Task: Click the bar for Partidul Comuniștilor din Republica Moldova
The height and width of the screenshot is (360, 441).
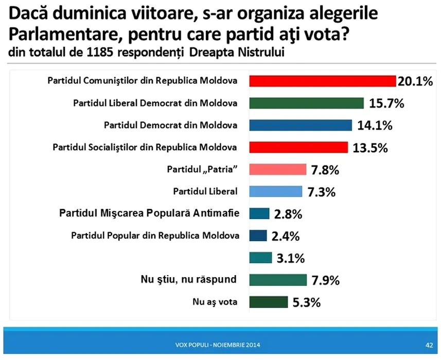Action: pos(322,81)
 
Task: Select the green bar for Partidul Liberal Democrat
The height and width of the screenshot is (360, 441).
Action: pos(307,103)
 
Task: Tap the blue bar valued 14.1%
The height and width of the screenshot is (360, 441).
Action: pos(301,125)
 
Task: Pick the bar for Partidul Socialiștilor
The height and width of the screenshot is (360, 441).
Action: pos(298,147)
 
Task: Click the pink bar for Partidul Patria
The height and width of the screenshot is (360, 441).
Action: pos(278,169)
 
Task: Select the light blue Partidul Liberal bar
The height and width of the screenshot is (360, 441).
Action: pos(275,191)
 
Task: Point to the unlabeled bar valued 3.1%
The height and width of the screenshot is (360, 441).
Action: pos(260,257)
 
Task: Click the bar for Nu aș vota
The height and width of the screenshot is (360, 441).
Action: pos(268,302)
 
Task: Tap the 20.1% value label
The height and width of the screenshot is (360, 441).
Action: pos(415,81)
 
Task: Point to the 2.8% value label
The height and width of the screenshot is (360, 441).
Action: pos(288,213)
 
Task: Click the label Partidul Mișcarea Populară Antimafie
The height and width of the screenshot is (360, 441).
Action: pos(149,213)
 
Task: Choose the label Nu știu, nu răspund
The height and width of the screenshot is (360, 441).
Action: pos(188,279)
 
